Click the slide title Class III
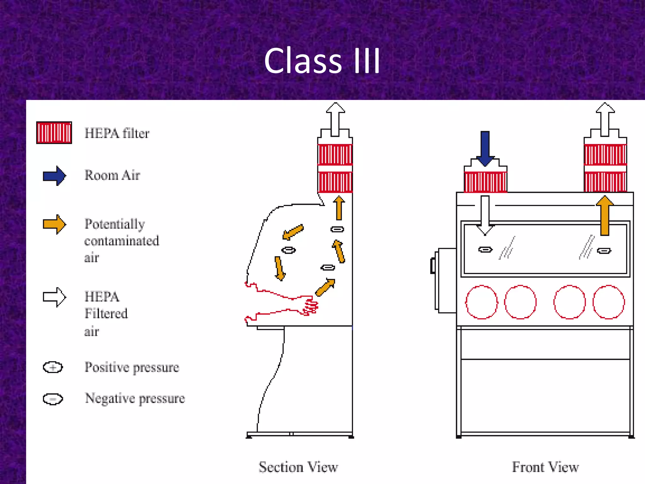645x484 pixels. [x=322, y=60]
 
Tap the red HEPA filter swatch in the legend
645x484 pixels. [x=54, y=133]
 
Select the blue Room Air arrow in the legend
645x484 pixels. [x=54, y=176]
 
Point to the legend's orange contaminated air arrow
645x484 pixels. [x=54, y=224]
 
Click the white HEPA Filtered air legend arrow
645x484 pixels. [x=54, y=297]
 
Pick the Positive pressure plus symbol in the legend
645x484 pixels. [x=53, y=367]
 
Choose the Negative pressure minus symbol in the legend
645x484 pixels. [x=53, y=399]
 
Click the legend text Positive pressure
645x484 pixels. [x=132, y=367]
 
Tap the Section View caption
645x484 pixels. [x=298, y=467]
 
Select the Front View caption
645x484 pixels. [x=545, y=467]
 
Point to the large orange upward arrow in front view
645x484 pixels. [x=604, y=216]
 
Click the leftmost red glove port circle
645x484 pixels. [x=482, y=302]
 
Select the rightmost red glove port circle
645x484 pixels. [x=608, y=302]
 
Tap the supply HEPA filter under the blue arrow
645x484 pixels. [x=485, y=181]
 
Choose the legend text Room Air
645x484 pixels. [x=112, y=176]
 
